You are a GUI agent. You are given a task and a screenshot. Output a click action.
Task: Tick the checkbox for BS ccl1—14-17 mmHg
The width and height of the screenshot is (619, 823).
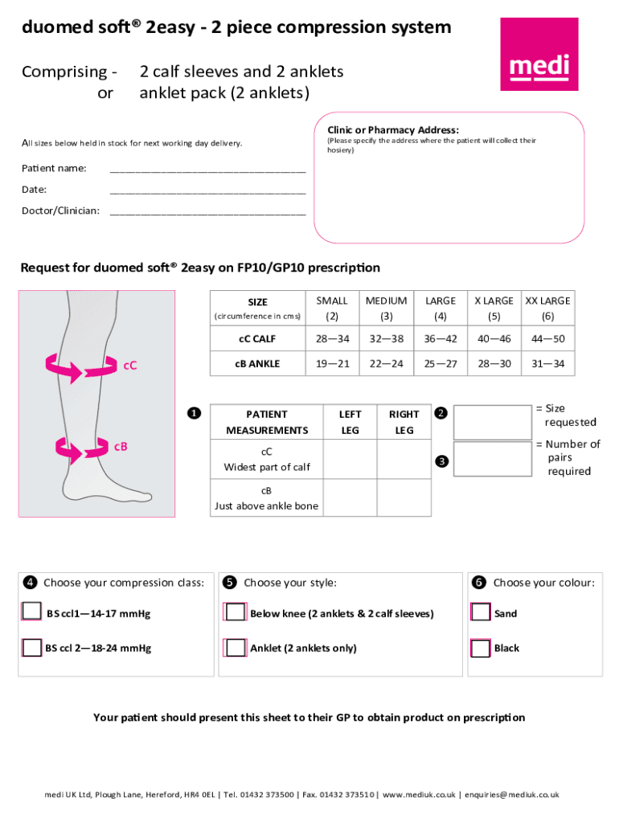coord(31,612)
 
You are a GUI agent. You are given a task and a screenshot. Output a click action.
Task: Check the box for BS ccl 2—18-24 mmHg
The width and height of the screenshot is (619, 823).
coord(31,648)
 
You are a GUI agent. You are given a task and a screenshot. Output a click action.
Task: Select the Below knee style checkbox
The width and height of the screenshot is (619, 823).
coord(236,612)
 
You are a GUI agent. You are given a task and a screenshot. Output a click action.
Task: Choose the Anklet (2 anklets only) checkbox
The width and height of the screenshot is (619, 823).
coord(236,648)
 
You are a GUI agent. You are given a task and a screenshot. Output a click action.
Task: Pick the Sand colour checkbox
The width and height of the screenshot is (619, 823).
coord(480,612)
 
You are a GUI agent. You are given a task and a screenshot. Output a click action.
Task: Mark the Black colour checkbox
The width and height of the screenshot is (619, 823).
coord(480,648)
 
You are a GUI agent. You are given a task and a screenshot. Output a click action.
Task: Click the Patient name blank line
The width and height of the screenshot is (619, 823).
coord(207,170)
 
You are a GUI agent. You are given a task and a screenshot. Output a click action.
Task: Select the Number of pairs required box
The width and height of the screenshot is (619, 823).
coord(493,458)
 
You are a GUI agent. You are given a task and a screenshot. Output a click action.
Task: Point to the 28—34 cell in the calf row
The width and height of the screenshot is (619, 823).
coord(332,339)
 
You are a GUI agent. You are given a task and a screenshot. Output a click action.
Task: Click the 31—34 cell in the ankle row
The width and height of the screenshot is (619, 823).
coord(547,364)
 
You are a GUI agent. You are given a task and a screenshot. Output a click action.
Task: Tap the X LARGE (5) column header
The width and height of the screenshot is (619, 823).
coord(494,308)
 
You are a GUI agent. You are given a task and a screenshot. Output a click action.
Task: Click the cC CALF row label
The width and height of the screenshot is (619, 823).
coord(257,339)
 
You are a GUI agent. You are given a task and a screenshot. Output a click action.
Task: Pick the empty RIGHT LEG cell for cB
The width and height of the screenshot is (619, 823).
coord(404,499)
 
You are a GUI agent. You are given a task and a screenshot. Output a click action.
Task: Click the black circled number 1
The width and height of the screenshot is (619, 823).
coord(194,414)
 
